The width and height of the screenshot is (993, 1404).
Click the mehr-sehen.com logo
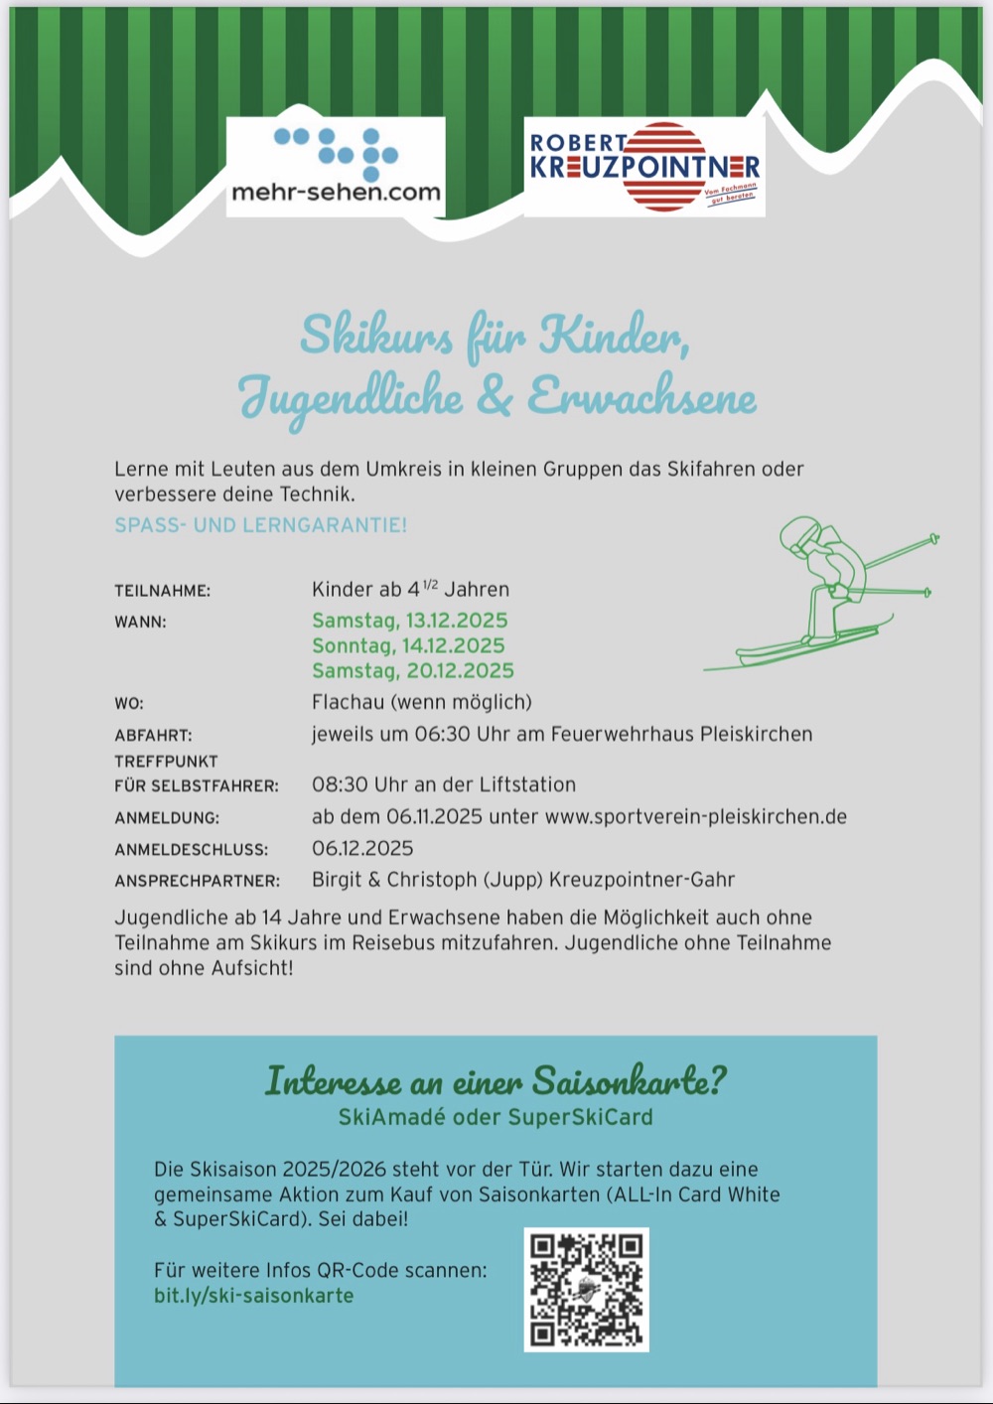tap(336, 166)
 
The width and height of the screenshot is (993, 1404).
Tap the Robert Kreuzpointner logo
tap(644, 166)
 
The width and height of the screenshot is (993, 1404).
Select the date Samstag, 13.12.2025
tap(409, 621)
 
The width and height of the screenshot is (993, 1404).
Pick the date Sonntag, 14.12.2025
tap(408, 645)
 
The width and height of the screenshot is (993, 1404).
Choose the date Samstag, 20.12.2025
tap(412, 671)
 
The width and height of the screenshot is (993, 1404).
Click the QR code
tap(586, 1289)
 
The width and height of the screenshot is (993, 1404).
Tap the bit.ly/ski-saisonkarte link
tap(253, 1296)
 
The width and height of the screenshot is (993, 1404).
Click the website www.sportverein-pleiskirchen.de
tap(695, 817)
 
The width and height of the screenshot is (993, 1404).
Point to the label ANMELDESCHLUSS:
tap(191, 850)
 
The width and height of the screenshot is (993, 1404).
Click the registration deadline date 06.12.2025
tap(362, 849)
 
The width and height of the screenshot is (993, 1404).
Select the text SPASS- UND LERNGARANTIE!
tap(260, 525)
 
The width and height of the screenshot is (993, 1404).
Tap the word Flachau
tap(348, 703)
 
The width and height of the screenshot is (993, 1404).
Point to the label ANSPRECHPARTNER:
tap(197, 882)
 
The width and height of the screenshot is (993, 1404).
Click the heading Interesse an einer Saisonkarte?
tap(496, 1079)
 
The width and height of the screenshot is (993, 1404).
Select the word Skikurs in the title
tap(376, 335)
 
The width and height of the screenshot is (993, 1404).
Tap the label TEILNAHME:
tap(162, 591)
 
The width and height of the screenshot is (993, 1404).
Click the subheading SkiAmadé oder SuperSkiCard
tap(496, 1117)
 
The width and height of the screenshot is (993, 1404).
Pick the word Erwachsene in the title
tap(640, 397)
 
